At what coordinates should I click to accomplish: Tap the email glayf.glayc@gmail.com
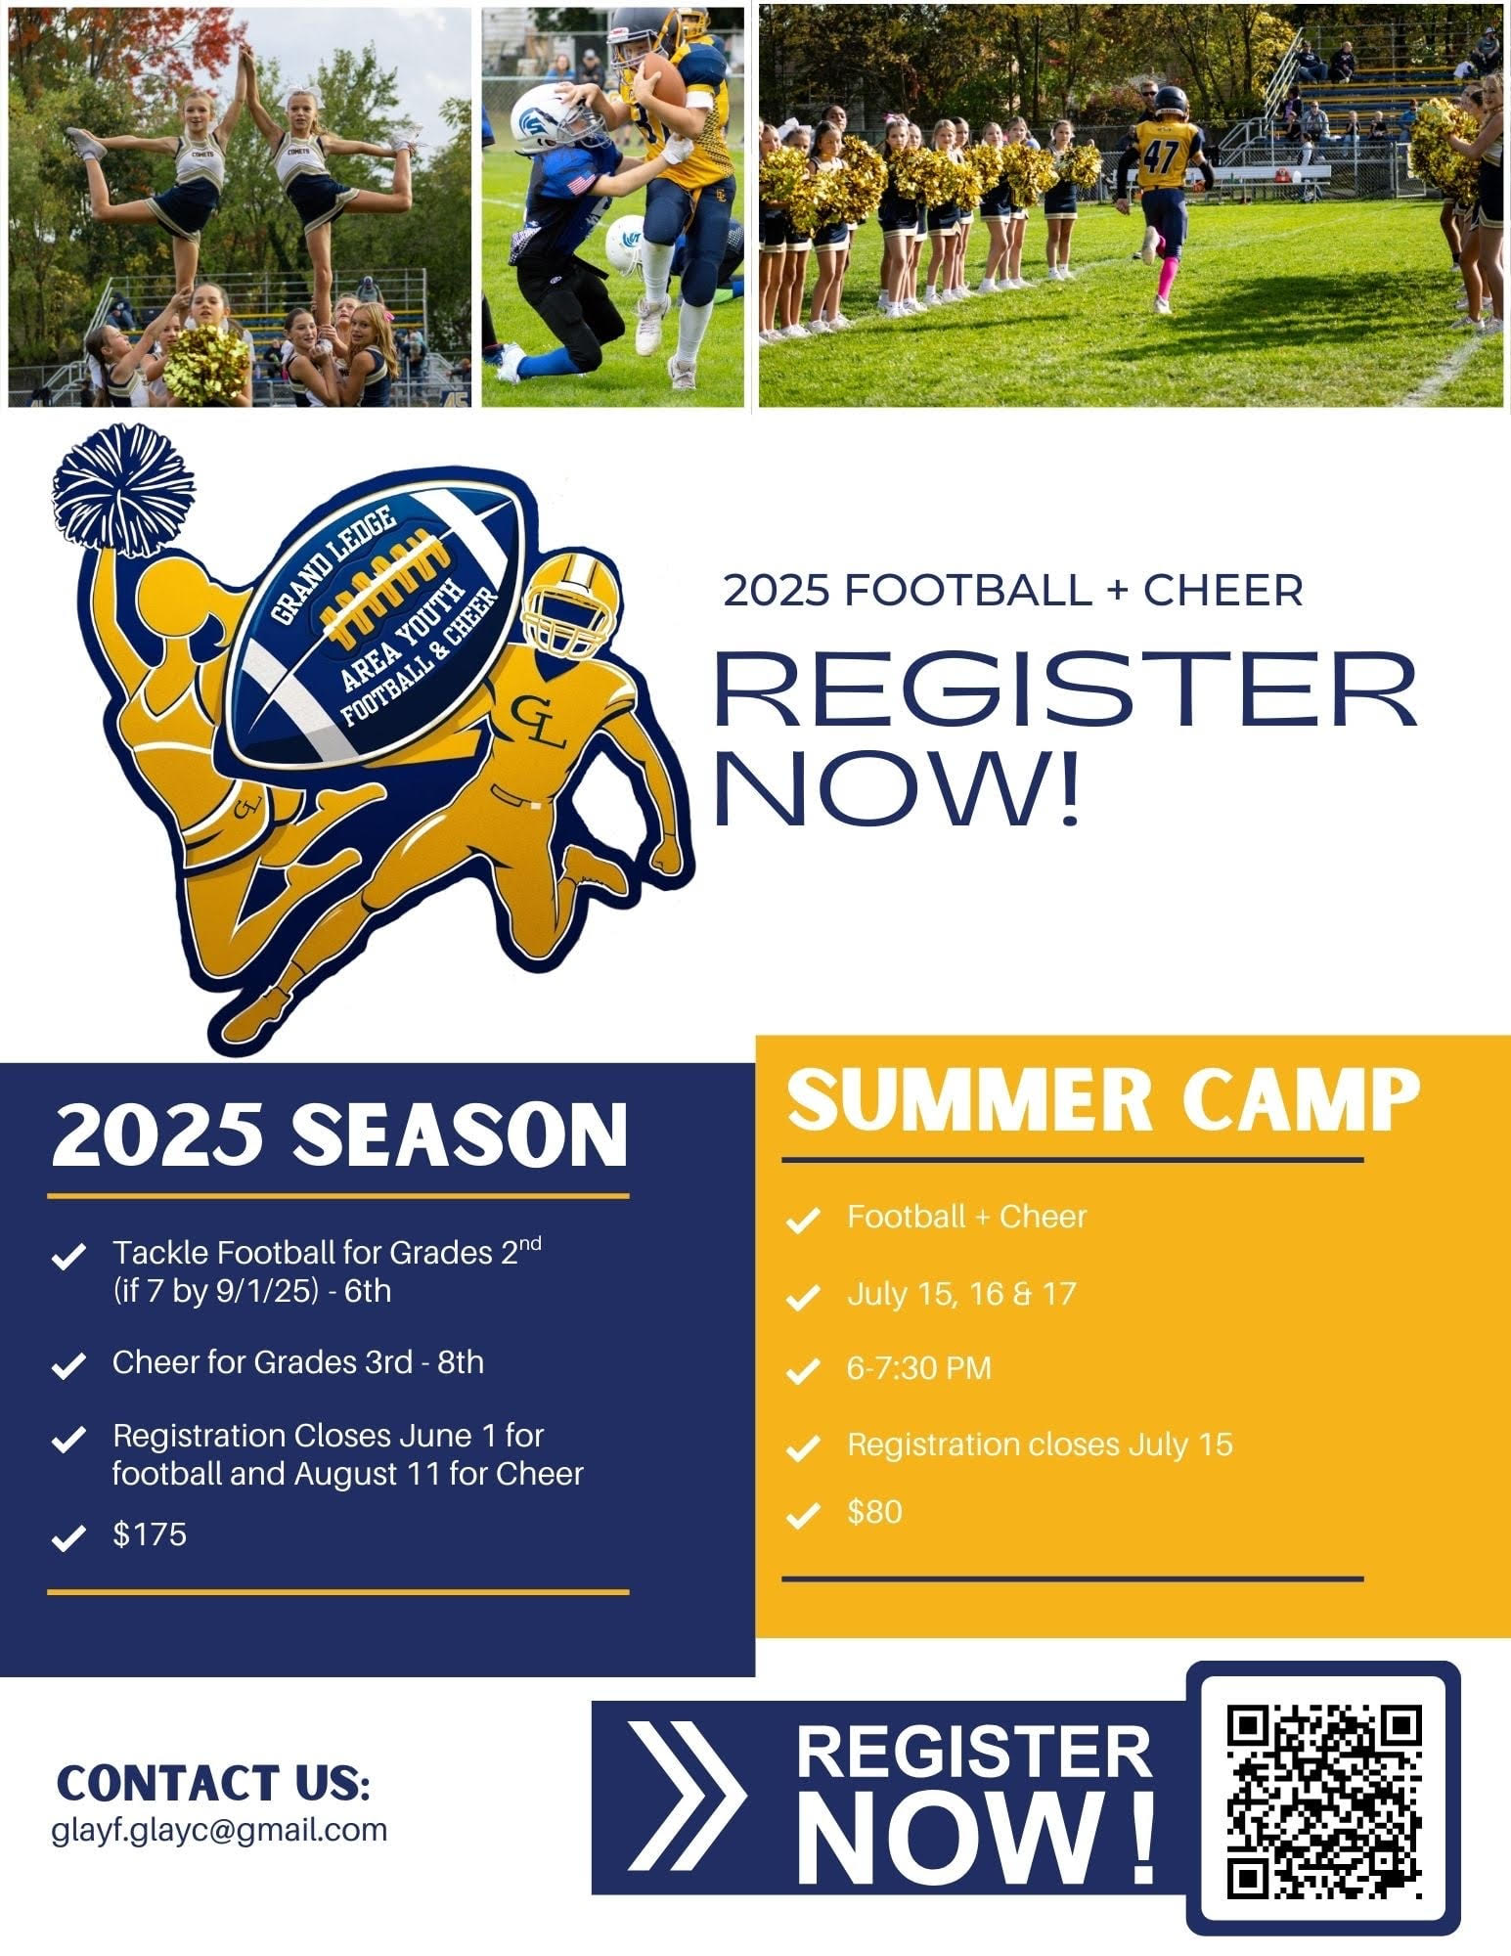coord(219,1829)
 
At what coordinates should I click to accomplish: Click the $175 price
coord(150,1534)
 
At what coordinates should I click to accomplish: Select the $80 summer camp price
coord(874,1512)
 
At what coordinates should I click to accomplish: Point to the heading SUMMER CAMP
coord(1103,1100)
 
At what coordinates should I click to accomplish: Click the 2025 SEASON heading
coord(339,1135)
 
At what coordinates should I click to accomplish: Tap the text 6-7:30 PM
coord(919,1367)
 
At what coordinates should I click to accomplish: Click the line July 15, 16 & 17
coord(961,1294)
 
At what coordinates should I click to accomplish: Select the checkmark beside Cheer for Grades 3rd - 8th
coord(67,1366)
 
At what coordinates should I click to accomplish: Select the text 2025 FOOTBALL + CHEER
coord(1013,591)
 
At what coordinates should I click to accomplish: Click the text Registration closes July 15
coord(1040,1444)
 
